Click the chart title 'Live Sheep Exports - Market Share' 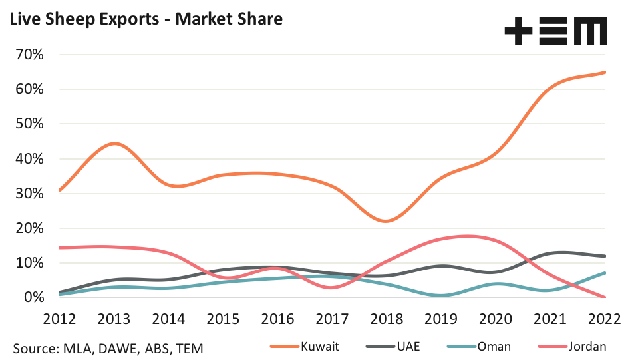(x=146, y=19)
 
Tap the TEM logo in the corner (x=555, y=31)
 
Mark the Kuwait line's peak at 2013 (x=115, y=144)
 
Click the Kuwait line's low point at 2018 (x=387, y=221)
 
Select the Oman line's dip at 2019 (x=442, y=295)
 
